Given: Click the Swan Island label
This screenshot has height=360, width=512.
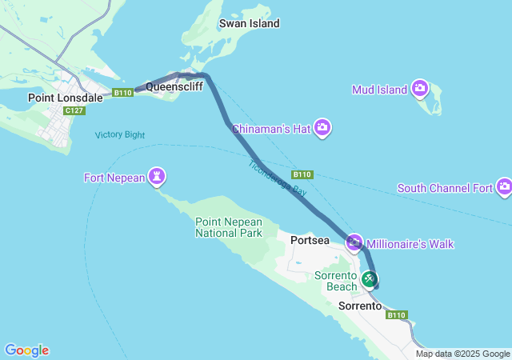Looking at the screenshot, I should (250, 24).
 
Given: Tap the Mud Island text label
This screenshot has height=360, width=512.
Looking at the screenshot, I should (380, 90).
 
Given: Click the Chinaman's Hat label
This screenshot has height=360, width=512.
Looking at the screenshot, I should (270, 128).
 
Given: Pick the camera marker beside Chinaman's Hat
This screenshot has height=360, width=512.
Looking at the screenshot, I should (322, 128).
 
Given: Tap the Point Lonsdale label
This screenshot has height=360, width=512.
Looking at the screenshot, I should (66, 98).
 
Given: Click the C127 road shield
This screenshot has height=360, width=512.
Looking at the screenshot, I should (74, 110).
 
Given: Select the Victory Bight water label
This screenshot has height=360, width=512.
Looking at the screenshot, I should (120, 134).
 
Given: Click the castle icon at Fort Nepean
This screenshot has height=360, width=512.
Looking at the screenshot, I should (158, 177).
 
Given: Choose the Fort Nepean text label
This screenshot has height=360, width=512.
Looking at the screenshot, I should (114, 177).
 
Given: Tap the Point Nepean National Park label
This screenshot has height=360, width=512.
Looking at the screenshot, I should (229, 227).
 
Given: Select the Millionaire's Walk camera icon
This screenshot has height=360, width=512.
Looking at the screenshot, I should (354, 242).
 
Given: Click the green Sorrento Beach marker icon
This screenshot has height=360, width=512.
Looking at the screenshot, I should (370, 278).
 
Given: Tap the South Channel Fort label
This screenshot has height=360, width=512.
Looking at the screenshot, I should (445, 188).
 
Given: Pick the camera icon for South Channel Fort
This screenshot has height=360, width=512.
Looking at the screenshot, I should (504, 187).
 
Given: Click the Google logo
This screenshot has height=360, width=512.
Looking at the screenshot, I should (26, 350).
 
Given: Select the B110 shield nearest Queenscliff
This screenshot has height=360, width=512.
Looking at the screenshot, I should (122, 94).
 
